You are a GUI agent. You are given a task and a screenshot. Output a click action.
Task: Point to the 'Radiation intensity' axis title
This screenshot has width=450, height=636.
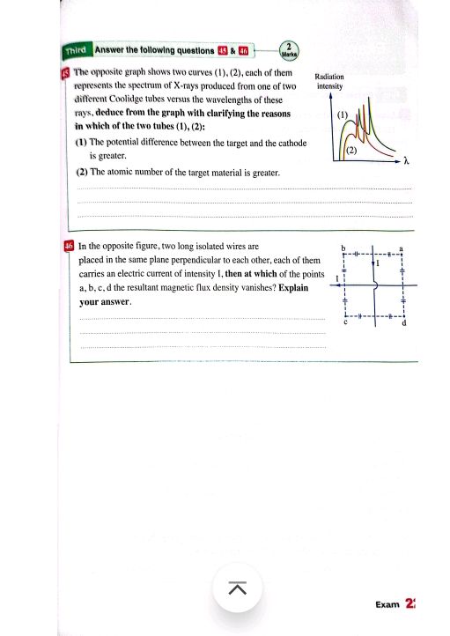click(x=328, y=82)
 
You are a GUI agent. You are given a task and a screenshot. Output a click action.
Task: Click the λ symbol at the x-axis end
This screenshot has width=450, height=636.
click(x=408, y=162)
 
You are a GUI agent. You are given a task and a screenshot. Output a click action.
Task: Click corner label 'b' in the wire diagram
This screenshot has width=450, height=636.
click(x=344, y=248)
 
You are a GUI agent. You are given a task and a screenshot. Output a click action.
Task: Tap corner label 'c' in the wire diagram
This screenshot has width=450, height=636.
click(x=345, y=322)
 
